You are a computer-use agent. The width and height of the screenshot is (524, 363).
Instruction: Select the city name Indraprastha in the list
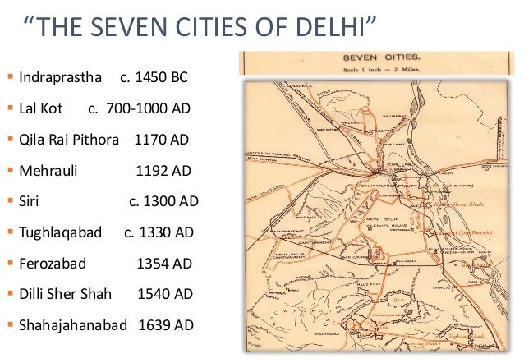(x=59, y=78)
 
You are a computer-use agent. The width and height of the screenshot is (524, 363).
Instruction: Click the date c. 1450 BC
(x=154, y=78)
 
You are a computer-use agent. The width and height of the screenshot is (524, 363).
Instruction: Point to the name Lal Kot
(x=41, y=108)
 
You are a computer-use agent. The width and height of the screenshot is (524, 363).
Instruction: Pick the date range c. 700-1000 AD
(x=138, y=108)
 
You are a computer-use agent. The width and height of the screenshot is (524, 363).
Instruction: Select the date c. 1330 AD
(x=159, y=232)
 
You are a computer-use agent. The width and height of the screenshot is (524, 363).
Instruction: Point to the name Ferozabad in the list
(x=52, y=264)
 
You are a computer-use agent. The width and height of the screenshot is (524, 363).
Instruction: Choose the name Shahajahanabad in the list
(x=73, y=325)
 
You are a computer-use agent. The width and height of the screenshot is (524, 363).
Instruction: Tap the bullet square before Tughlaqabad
(x=10, y=232)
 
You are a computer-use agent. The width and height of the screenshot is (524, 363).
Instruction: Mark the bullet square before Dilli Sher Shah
(x=10, y=294)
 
